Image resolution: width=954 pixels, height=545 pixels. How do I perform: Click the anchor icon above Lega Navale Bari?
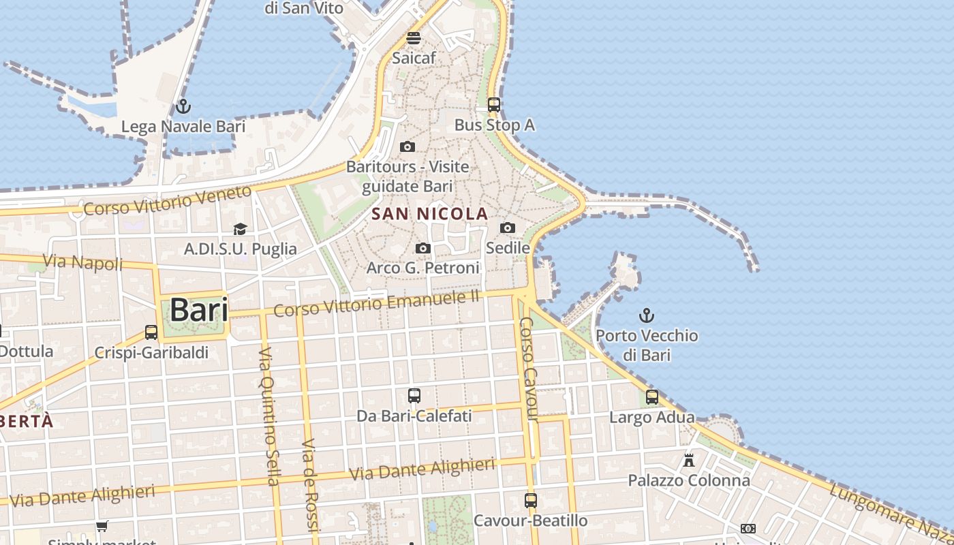(183, 106)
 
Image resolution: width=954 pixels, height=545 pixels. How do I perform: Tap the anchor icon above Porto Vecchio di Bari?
(646, 315)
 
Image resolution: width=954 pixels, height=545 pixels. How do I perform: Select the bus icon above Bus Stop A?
(494, 105)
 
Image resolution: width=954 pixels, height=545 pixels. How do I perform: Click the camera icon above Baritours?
(407, 146)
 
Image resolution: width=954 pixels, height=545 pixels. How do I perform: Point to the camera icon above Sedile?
(508, 228)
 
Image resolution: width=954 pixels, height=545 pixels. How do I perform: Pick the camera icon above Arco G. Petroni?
(423, 248)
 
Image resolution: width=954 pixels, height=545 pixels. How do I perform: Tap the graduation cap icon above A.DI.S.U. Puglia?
(240, 229)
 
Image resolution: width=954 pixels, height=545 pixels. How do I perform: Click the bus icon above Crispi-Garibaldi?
(151, 332)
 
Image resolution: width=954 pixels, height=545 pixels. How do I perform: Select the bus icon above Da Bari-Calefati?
(414, 395)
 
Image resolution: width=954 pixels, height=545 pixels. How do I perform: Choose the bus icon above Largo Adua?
(652, 397)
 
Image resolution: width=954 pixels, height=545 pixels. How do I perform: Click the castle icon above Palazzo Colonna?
(689, 460)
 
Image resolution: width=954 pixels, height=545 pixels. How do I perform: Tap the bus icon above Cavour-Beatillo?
(531, 501)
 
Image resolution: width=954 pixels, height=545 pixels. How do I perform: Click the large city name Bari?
(198, 310)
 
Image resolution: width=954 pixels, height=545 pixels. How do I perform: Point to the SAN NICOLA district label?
(430, 214)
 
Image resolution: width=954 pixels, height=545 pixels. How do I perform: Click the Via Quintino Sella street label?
(269, 416)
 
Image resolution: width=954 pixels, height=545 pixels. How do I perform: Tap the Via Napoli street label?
(82, 262)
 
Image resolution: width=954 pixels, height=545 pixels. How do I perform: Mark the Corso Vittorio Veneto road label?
(168, 200)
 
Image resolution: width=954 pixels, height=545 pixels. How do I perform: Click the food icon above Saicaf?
(414, 38)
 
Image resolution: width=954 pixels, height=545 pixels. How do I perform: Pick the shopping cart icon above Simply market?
(102, 526)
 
